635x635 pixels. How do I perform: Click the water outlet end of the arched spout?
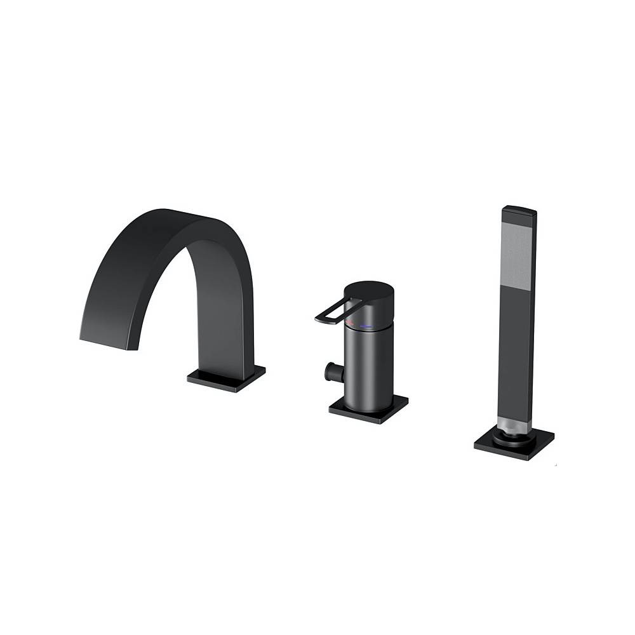point(105,337)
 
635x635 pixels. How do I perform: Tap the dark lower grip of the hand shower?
point(514,356)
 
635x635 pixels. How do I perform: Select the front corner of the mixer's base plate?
point(380,422)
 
